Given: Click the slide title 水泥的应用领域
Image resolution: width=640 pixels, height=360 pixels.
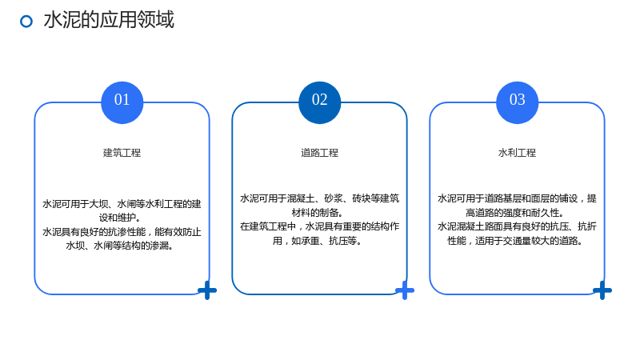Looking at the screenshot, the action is (109, 19).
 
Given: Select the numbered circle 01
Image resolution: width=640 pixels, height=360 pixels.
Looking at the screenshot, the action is (122, 102).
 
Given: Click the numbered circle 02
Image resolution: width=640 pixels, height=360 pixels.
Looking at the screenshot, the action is (319, 102).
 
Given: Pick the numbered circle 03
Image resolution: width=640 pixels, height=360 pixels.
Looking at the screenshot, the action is (517, 102).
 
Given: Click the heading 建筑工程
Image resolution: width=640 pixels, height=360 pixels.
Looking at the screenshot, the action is (122, 153).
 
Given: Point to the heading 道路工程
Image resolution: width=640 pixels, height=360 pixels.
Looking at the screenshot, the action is (319, 153).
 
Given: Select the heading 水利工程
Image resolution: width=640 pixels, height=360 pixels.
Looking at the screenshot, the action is (517, 153).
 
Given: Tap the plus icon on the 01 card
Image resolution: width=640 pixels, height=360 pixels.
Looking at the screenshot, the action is (207, 290).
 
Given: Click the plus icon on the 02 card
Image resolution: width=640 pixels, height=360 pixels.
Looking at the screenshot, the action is (405, 290).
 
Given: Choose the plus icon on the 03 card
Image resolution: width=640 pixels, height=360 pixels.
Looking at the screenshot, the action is (602, 290).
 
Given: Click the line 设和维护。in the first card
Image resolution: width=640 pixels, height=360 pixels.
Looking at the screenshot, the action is (120, 218).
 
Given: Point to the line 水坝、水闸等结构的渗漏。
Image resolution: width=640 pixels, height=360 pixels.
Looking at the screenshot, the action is (119, 246).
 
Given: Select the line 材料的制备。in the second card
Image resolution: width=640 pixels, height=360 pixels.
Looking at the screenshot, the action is (318, 212).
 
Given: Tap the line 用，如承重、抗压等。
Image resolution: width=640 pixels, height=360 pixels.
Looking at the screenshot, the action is (318, 241).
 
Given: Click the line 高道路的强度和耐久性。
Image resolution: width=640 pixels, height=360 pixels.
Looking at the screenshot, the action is (515, 212).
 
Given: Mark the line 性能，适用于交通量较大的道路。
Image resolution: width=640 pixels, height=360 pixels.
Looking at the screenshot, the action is (515, 241).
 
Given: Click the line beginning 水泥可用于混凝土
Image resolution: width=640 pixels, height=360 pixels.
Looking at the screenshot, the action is (319, 198).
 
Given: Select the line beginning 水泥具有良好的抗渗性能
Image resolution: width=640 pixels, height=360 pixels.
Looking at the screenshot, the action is (122, 232).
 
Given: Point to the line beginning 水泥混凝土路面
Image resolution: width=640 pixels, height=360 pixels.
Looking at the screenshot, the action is (517, 226).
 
